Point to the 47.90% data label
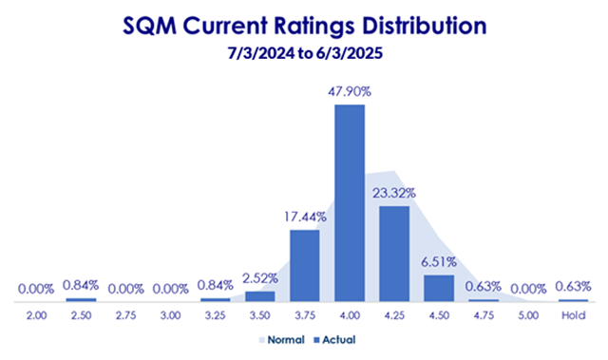coord(351,92)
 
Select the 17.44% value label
coord(306,217)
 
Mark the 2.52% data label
coord(260,278)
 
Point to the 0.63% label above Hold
coord(574,285)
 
